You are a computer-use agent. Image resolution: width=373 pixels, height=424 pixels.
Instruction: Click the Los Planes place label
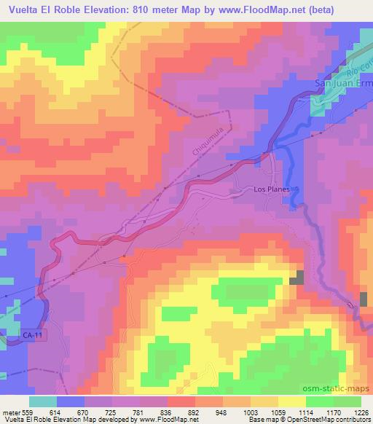(272, 189)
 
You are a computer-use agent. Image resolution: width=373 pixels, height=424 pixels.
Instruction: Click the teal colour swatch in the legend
(43, 401)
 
